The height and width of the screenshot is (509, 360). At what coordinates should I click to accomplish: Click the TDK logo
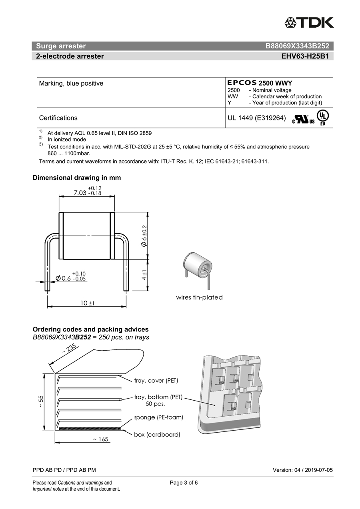[309, 22]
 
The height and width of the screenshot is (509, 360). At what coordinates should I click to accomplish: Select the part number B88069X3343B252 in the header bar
[297, 46]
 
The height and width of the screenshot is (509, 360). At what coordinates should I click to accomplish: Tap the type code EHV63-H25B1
[305, 56]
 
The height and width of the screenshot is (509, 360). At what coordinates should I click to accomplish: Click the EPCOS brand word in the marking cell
[242, 82]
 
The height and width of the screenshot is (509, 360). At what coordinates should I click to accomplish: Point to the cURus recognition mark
[304, 119]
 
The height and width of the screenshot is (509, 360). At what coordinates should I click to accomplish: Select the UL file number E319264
[270, 118]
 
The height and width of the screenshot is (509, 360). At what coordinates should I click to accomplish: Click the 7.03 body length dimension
[88, 191]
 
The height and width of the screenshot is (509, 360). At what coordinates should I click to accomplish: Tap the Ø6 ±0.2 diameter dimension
[144, 236]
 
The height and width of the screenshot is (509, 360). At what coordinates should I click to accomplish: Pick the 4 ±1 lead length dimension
[144, 275]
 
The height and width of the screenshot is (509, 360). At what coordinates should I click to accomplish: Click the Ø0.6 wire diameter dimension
[71, 276]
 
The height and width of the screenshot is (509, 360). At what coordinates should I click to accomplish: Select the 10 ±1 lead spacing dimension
[87, 303]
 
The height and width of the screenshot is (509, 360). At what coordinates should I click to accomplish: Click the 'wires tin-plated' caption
[199, 297]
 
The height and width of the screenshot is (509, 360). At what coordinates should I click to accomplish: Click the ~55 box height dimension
[40, 401]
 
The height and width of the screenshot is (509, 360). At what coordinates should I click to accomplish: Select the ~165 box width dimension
[100, 439]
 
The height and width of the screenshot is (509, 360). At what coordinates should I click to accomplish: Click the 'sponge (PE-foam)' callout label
[158, 417]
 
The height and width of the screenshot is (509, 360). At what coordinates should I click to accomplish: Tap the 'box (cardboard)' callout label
[157, 435]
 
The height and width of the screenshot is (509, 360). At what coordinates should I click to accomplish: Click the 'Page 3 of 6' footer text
[184, 483]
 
